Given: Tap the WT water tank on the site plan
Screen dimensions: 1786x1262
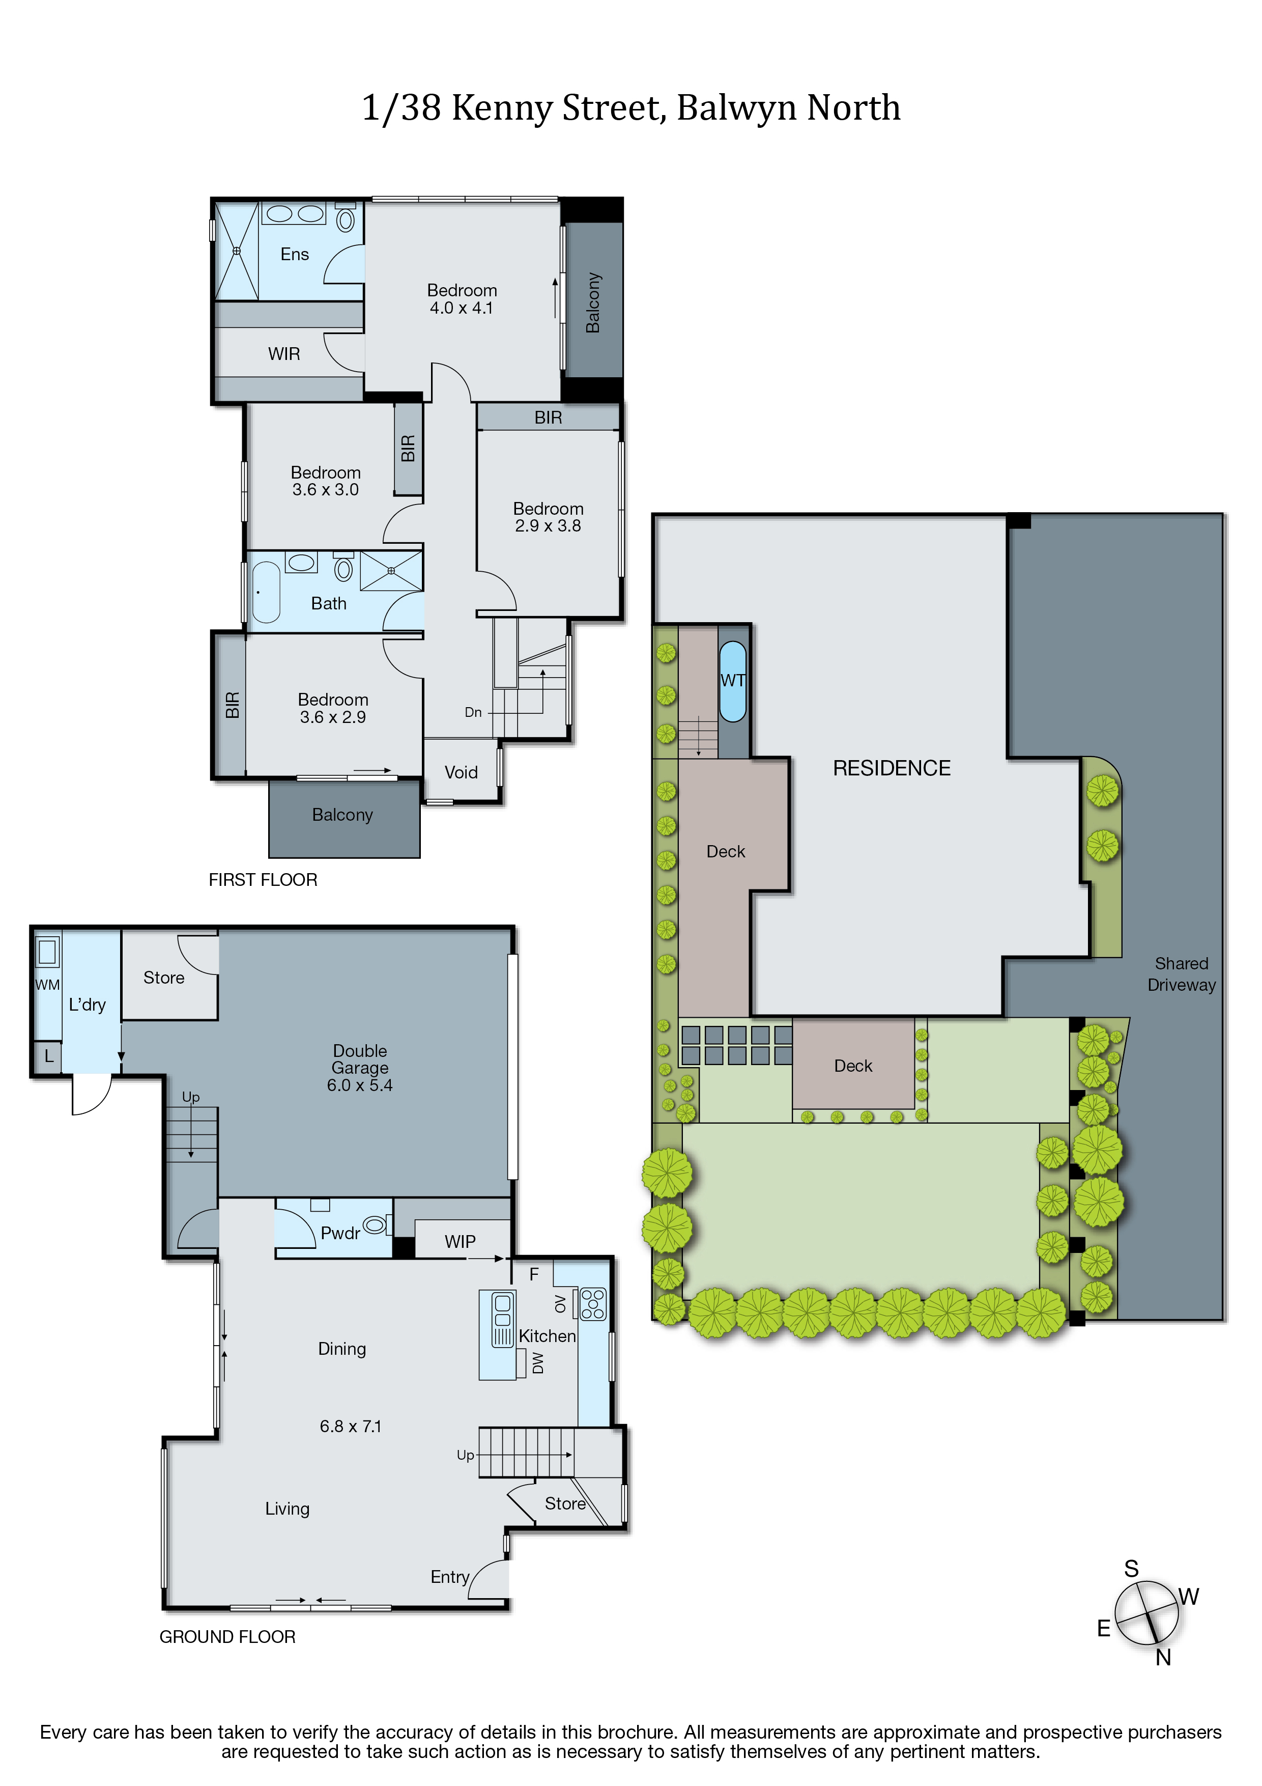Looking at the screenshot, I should [732, 681].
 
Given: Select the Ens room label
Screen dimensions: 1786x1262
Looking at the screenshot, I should [295, 255].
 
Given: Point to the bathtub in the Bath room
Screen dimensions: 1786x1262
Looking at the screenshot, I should [266, 593].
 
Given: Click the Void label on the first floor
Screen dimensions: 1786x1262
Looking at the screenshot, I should [461, 772].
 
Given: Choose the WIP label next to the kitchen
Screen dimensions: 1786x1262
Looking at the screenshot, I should [461, 1241].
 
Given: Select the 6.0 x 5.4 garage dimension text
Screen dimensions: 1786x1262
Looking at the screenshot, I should [359, 1085].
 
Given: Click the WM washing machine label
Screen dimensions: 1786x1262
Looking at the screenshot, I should [47, 985].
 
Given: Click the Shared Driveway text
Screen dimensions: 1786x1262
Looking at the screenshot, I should [1181, 974].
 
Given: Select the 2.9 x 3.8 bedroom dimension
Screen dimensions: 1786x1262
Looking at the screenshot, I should [548, 526].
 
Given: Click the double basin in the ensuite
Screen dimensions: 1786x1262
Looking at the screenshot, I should [295, 213].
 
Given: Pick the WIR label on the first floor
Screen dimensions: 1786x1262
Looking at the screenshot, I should [284, 354].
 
